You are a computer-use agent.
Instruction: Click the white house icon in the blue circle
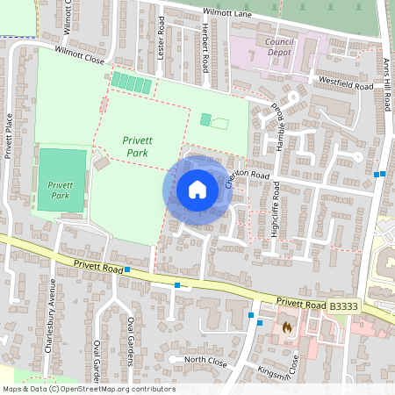coord(197,190)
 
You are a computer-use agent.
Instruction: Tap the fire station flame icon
coord(286,327)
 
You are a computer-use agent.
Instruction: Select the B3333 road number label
coord(345,305)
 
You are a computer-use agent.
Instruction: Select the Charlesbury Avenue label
coord(50,315)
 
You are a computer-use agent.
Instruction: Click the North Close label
coord(206,360)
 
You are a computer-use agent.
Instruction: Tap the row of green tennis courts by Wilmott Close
coord(132,83)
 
